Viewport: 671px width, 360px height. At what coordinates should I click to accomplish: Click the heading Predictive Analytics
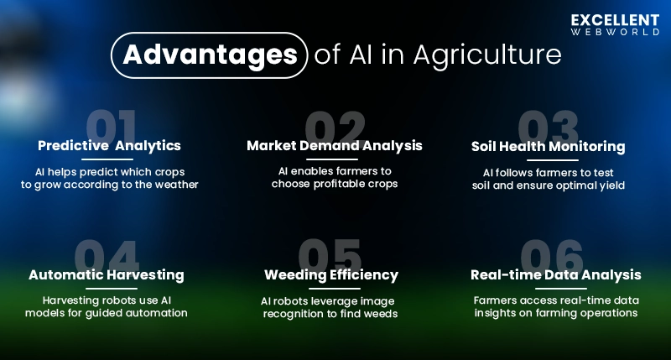(109, 146)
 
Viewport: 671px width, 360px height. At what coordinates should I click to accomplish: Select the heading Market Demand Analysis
(335, 146)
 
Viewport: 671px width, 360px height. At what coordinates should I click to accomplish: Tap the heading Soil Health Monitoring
(549, 147)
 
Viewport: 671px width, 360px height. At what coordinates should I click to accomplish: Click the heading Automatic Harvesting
(107, 275)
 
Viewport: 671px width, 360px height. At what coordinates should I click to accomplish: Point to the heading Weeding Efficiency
(331, 275)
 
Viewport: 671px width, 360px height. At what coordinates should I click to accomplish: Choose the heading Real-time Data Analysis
(556, 275)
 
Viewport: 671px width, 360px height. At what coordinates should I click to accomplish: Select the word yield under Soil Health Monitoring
(609, 185)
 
